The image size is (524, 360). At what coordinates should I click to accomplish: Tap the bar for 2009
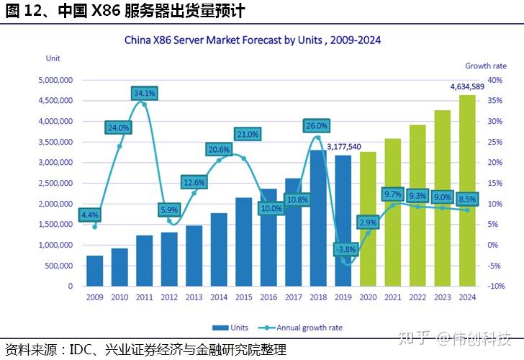94,271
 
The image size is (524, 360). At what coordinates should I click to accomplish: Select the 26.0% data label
316,126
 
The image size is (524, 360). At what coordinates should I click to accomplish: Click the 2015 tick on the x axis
243,296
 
